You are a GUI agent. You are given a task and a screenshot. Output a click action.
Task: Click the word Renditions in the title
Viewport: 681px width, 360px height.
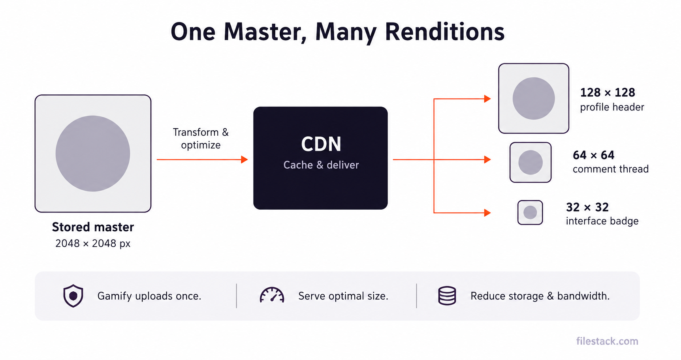tap(444, 32)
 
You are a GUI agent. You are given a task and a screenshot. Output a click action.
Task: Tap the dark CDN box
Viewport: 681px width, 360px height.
tap(320, 158)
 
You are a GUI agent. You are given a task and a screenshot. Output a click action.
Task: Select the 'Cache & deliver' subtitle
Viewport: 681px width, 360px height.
tap(321, 165)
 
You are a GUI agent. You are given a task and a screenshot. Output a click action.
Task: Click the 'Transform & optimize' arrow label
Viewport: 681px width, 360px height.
tap(201, 139)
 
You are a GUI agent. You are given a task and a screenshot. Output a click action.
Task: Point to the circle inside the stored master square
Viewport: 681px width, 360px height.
tap(93, 154)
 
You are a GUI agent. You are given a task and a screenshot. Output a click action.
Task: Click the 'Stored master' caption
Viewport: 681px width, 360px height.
tap(93, 227)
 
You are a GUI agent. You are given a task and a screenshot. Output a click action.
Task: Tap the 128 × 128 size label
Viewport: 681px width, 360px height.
tap(608, 92)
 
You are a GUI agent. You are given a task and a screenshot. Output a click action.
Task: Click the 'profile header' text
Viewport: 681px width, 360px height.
tap(612, 107)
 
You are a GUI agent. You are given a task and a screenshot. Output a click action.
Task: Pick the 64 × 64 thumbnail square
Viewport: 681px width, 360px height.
tap(531, 162)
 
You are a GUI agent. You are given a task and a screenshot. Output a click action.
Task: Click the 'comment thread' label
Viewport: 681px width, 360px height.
tap(611, 169)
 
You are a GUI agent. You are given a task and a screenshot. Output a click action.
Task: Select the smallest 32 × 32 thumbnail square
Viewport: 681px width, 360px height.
tap(530, 212)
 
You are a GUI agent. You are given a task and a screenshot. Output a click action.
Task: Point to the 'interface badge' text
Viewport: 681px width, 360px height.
tap(602, 221)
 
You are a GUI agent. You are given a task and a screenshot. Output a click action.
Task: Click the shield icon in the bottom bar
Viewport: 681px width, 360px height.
tap(73, 296)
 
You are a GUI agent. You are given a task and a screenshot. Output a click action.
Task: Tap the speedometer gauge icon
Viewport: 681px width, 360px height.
tap(272, 295)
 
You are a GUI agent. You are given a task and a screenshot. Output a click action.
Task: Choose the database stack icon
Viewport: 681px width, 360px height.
tap(447, 296)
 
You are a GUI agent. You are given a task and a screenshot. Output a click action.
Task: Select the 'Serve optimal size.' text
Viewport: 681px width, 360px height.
tap(343, 296)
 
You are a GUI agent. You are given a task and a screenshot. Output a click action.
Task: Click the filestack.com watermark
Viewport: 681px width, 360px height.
tap(607, 341)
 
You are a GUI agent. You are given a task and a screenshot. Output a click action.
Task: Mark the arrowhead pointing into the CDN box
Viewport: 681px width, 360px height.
tap(245, 159)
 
